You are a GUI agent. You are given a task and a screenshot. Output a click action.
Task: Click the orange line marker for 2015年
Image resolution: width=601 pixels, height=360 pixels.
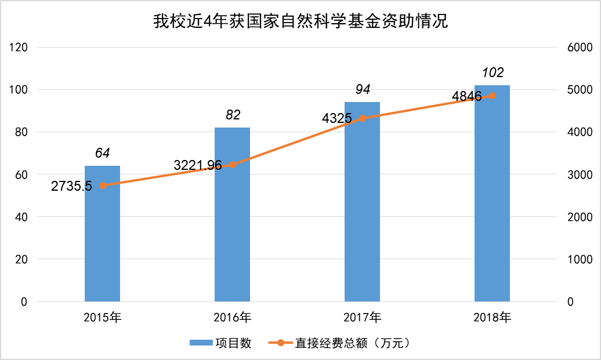pyautogui.click(x=103, y=186)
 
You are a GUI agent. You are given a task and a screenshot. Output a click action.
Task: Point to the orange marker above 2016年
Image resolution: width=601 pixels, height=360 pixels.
pyautogui.click(x=233, y=165)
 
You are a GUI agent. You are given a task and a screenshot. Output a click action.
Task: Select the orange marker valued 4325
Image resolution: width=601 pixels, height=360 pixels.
pyautogui.click(x=363, y=118)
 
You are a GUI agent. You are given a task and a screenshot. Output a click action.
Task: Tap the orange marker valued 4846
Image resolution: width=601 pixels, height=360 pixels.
pyautogui.click(x=493, y=96)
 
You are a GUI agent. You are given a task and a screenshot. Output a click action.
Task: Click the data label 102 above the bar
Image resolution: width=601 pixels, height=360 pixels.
pyautogui.click(x=493, y=73)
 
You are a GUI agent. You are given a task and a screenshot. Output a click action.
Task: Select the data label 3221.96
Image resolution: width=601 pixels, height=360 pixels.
pyautogui.click(x=198, y=165)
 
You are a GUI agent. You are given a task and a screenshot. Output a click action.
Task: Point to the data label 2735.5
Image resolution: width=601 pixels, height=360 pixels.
pyautogui.click(x=71, y=187)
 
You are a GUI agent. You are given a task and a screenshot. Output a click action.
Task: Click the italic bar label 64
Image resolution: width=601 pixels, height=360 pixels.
pyautogui.click(x=103, y=153)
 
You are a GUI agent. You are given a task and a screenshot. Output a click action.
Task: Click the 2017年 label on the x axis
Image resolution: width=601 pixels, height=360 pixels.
pyautogui.click(x=362, y=318)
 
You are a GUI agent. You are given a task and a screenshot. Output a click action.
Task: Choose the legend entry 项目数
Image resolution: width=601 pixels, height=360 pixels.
pyautogui.click(x=220, y=343)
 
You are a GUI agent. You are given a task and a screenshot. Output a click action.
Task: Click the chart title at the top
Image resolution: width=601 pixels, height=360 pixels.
pyautogui.click(x=300, y=22)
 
